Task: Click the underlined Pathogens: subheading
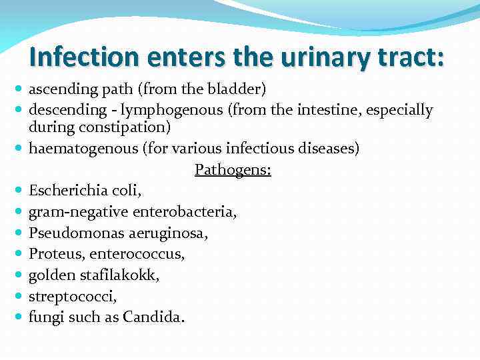pos(233,170)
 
